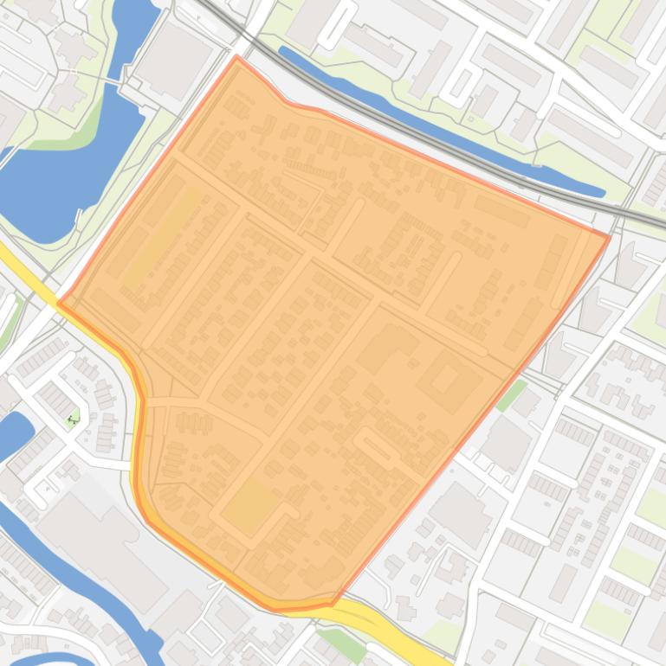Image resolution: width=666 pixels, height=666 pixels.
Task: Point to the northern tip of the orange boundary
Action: click(x=236, y=57)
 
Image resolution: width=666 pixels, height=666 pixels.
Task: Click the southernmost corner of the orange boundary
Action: click(x=331, y=603)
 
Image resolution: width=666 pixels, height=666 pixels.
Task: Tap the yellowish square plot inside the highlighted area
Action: click(x=251, y=505)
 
